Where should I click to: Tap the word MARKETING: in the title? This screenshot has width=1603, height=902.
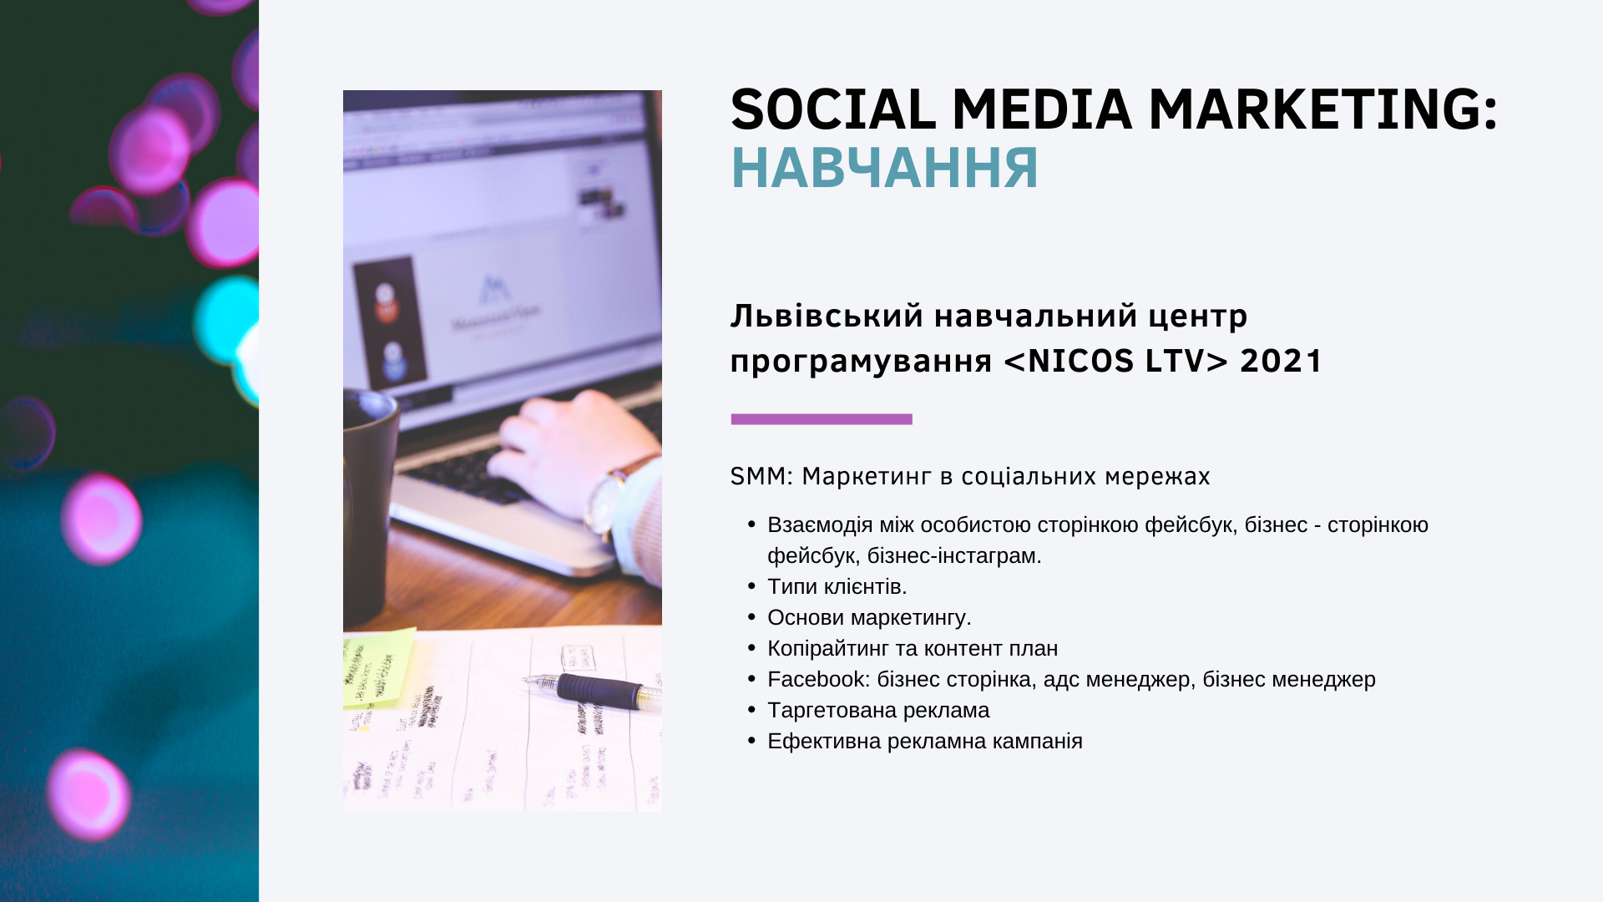coord(1323,110)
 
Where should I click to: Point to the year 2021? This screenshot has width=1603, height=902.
coord(1281,361)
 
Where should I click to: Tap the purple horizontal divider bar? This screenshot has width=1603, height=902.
coord(822,419)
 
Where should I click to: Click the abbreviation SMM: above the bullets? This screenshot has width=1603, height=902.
coord(761,476)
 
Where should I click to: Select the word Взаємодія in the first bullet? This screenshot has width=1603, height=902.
coord(820,525)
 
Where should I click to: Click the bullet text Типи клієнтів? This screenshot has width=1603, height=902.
coord(837,587)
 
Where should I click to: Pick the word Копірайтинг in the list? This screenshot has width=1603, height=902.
coord(828,649)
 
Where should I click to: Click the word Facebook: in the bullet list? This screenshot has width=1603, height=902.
coord(819,680)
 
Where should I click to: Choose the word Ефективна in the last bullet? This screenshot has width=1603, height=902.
coord(824,742)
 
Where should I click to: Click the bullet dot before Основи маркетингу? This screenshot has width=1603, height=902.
coord(751,617)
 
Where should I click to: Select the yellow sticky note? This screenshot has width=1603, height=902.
coord(377,668)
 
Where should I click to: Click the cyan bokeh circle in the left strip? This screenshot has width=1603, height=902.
coord(227,322)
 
